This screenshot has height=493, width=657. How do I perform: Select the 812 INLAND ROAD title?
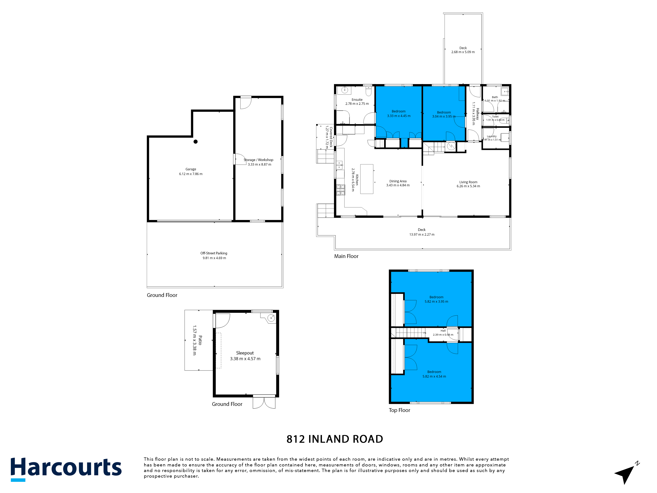(x=335, y=439)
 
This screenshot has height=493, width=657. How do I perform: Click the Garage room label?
(x=191, y=169)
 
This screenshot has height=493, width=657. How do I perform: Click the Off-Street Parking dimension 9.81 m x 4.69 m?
(x=214, y=258)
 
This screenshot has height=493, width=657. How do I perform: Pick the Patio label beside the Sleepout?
(x=200, y=340)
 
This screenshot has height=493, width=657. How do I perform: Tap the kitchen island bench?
(x=367, y=179)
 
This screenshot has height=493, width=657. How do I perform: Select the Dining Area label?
(x=398, y=181)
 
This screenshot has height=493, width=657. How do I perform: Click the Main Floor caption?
(x=346, y=256)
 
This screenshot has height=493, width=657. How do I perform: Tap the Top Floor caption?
(x=399, y=410)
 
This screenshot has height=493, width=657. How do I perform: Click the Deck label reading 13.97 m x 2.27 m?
(x=422, y=235)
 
